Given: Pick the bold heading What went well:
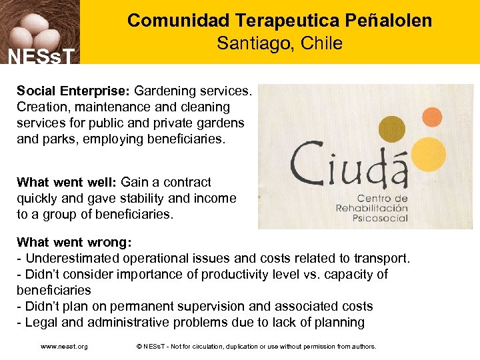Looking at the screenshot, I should (x=66, y=182).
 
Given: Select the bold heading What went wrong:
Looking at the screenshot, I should (x=74, y=242).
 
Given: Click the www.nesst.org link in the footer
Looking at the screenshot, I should (x=64, y=347).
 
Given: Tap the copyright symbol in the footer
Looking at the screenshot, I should (x=139, y=347).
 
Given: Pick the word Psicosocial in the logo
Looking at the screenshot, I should (x=381, y=218).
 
